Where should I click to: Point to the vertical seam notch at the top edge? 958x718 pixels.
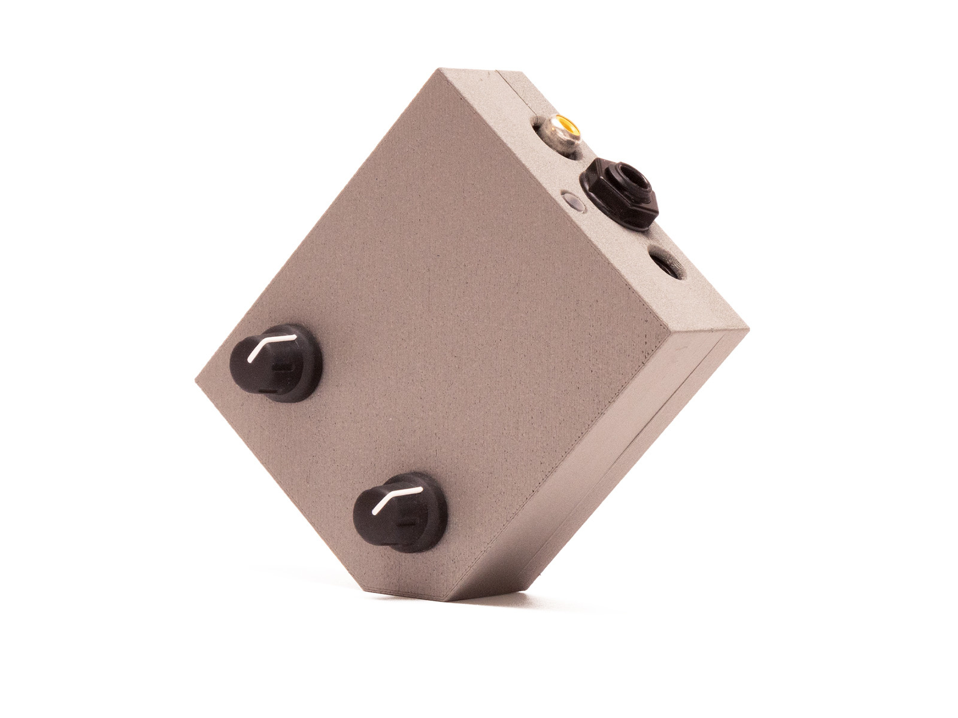501,75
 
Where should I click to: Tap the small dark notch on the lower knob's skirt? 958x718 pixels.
410,522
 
